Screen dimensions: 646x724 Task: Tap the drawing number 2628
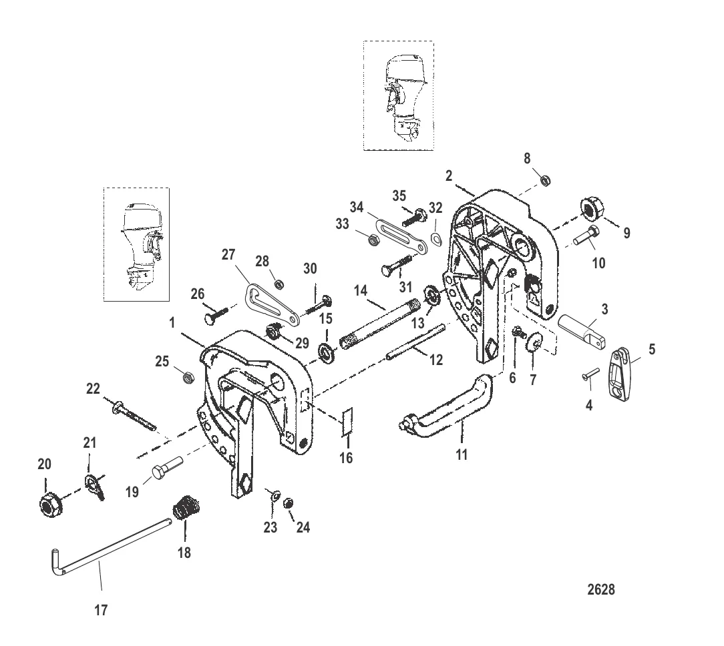[x=602, y=590]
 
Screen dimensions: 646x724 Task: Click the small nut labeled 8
[x=545, y=180]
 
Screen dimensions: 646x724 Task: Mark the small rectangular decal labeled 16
[x=346, y=423]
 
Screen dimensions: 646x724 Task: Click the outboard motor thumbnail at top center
[x=398, y=95]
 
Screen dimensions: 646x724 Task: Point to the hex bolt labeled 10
[x=585, y=237]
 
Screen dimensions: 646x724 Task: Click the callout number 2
[x=449, y=176]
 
